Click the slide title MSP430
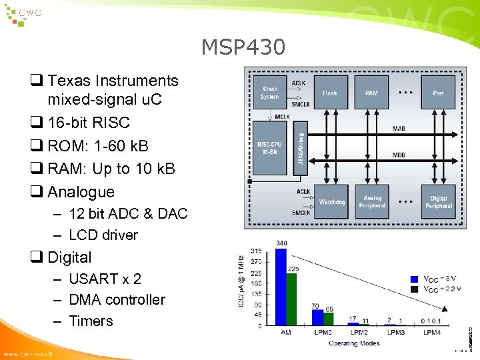[243, 48]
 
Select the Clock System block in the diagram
[270, 93]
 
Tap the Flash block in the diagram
[329, 93]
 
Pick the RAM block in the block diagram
[371, 93]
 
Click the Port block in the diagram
[438, 93]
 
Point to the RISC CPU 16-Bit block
[270, 148]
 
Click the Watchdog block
[331, 202]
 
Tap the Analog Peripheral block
[372, 202]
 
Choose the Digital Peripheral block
[438, 202]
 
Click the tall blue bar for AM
[281, 287]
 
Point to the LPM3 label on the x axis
[395, 333]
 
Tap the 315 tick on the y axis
[255, 251]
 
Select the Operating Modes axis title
[355, 343]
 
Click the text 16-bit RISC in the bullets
[88, 123]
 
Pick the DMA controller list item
[117, 300]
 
